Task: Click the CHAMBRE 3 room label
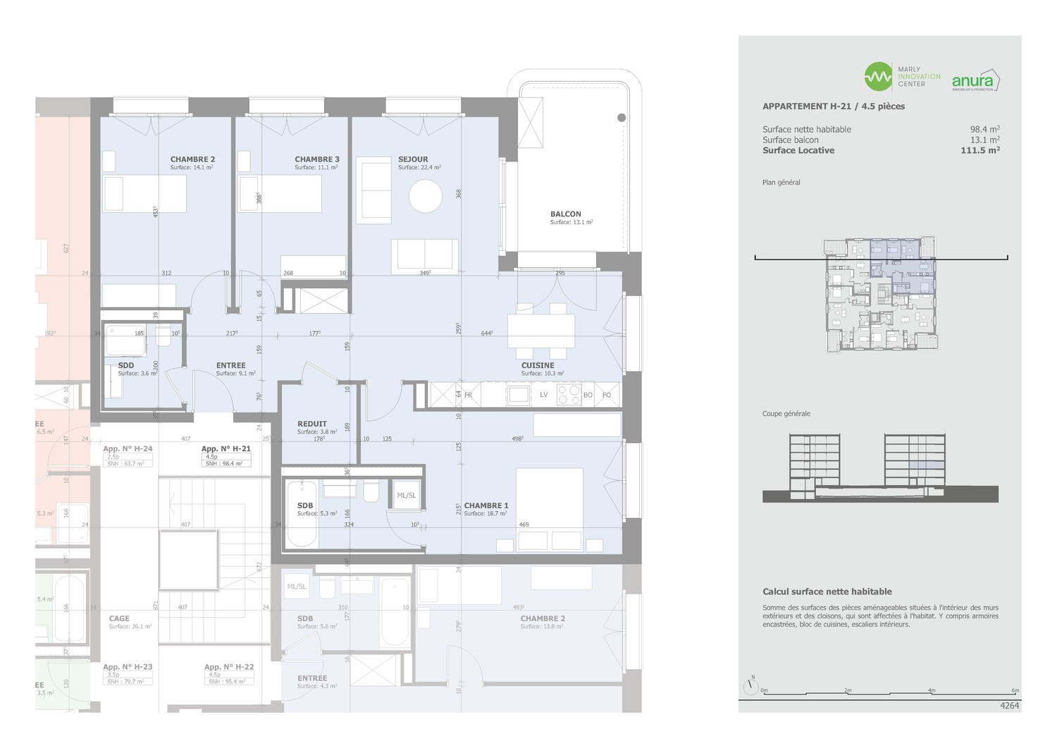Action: (x=316, y=159)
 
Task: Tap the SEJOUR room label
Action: (x=413, y=159)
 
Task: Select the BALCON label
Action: (x=566, y=214)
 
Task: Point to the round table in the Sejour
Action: (x=426, y=196)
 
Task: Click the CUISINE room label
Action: (x=538, y=365)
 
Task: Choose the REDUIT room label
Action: (x=312, y=424)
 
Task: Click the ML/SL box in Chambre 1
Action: (x=406, y=495)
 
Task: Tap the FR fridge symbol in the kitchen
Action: (x=468, y=396)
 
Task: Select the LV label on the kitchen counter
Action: (x=544, y=395)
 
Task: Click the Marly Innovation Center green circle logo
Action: (x=878, y=77)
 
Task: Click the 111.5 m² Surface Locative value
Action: (x=980, y=150)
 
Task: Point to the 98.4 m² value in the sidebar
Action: (x=984, y=129)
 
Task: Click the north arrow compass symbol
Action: (x=751, y=685)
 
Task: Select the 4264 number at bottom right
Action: (x=1009, y=705)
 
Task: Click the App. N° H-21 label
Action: (x=225, y=448)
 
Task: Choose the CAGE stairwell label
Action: (x=119, y=618)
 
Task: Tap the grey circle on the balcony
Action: (x=622, y=118)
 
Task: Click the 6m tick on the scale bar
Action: (x=1015, y=691)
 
